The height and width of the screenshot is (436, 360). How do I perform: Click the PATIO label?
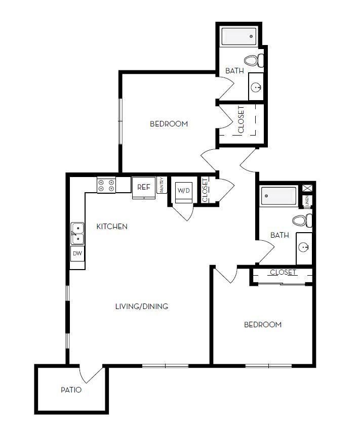(x=71, y=390)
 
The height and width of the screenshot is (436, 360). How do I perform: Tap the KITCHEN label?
(x=112, y=227)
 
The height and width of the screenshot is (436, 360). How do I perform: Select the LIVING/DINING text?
(x=142, y=307)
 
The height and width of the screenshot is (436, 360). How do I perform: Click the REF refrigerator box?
(x=144, y=187)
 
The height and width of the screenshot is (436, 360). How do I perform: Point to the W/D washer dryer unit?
(x=182, y=191)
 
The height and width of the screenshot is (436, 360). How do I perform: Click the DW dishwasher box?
(x=77, y=253)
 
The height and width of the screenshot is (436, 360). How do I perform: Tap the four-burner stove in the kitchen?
(x=107, y=185)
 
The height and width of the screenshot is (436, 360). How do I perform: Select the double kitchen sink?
(x=77, y=234)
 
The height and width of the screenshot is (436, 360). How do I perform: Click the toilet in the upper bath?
(x=255, y=60)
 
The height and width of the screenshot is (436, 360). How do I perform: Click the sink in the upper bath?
(x=256, y=88)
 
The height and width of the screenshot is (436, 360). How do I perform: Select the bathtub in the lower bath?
(x=278, y=196)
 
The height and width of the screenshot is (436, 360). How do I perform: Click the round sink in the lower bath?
(x=304, y=247)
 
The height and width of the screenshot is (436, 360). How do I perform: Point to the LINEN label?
(x=307, y=201)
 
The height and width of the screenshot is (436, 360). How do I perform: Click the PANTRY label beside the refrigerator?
(x=162, y=185)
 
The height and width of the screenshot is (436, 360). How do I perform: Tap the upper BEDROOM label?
(x=169, y=124)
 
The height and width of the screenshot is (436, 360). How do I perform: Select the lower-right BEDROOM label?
(x=263, y=325)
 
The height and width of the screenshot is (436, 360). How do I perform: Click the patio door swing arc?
(x=92, y=374)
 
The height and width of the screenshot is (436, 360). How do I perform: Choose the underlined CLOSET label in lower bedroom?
(x=283, y=272)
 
